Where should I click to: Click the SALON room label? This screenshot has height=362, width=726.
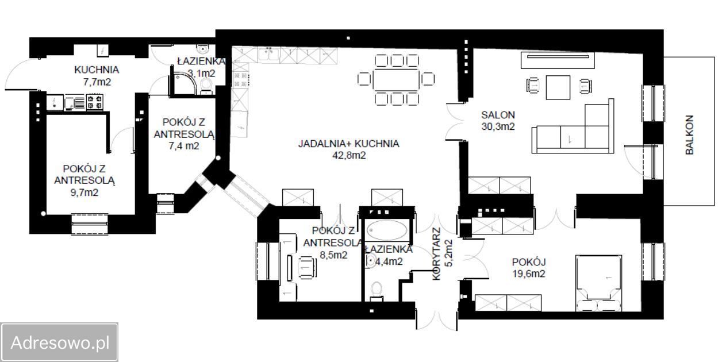tap(498, 115)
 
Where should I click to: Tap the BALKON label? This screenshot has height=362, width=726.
tap(690, 135)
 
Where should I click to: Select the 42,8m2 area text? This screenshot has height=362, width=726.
tap(349, 156)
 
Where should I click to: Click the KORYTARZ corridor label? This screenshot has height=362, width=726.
tap(436, 254)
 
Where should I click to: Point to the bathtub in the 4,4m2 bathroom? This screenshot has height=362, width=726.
tap(387, 230)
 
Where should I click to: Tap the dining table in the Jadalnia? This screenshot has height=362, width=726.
tap(396, 79)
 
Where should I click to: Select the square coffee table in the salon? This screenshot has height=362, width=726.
tap(558, 87)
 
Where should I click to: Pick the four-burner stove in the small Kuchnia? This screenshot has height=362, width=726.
tap(95, 102)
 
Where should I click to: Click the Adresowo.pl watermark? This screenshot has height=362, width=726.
tap(60, 342)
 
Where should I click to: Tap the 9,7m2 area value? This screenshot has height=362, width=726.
tap(84, 192)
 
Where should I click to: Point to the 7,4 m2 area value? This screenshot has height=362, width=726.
tap(184, 146)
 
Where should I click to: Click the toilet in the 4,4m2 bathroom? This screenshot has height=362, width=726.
tap(377, 290)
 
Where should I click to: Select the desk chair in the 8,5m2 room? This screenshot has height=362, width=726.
tap(306, 267)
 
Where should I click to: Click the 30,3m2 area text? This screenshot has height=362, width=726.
tap(498, 126)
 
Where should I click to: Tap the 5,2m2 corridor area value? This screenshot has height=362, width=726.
tap(449, 253)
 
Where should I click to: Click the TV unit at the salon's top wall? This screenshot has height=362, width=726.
tap(558, 60)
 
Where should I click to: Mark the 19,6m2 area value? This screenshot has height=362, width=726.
tap(529, 274)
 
